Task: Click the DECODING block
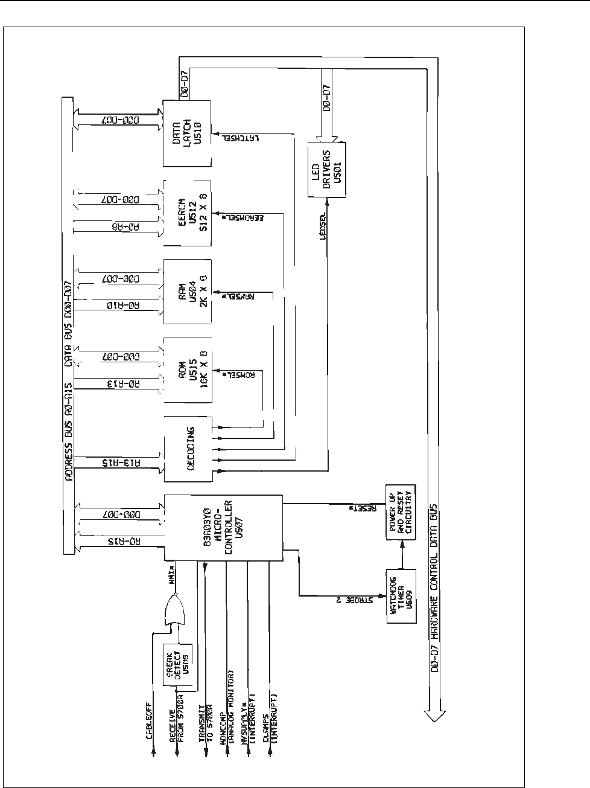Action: (x=188, y=449)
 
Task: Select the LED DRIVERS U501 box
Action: (x=327, y=170)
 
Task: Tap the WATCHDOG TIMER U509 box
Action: (x=400, y=597)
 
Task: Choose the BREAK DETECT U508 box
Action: (x=181, y=663)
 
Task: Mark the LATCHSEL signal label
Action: (x=230, y=138)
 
